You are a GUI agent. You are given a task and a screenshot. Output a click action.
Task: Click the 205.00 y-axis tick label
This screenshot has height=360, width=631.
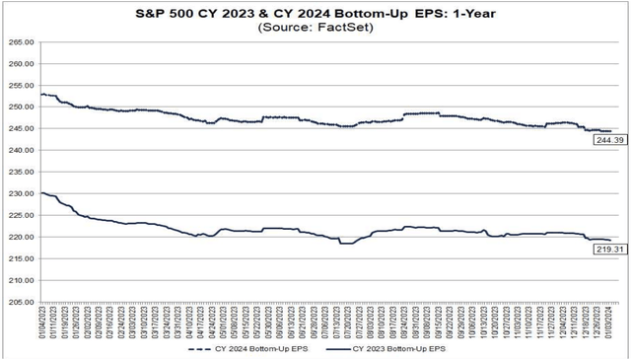click(20, 302)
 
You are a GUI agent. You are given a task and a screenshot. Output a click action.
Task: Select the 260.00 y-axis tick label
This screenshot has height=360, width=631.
click(20, 63)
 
